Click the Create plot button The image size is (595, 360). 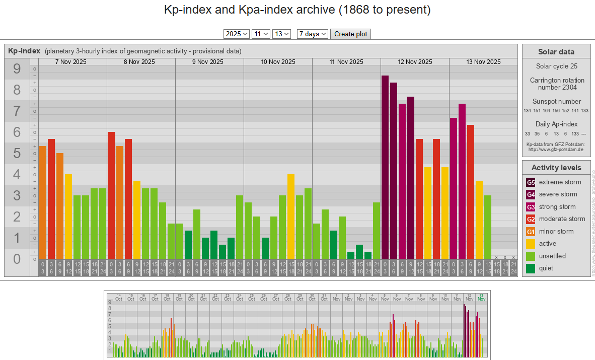point(351,34)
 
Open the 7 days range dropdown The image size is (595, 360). point(312,34)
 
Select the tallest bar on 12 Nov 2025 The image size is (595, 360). point(385,166)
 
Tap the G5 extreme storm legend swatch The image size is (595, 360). point(531,182)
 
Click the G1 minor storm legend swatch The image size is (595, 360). point(531,232)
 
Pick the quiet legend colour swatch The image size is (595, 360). point(531,268)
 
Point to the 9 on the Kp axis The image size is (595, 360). point(17,69)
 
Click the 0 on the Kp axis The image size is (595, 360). point(17,259)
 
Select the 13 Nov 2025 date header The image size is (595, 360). point(483,62)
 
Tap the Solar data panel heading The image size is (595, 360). point(556,51)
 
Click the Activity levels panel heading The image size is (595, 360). point(556,168)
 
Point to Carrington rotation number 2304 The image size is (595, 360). point(556,84)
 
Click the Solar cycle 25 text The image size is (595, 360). point(556,66)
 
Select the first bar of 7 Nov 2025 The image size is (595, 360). point(43,201)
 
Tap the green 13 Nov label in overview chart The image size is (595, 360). point(482,297)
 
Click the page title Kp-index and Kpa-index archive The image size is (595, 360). point(297,10)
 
